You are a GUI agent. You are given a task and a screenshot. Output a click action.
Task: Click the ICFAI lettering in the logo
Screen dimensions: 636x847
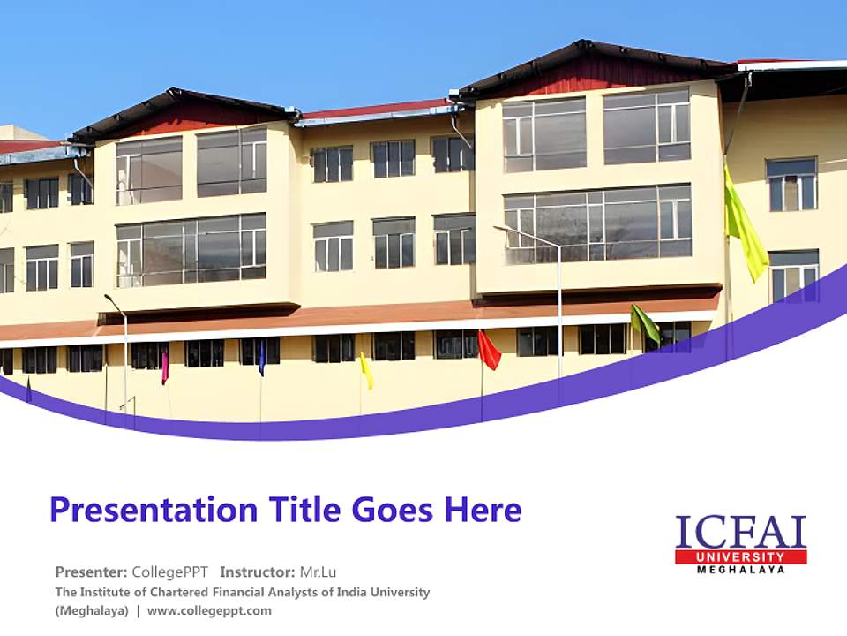(x=740, y=533)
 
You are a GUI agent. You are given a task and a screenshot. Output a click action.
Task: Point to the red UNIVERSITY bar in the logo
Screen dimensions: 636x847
(x=740, y=557)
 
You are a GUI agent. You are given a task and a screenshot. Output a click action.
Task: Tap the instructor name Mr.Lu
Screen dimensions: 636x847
(x=318, y=572)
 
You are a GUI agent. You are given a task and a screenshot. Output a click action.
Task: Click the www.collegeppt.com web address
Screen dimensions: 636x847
(x=209, y=610)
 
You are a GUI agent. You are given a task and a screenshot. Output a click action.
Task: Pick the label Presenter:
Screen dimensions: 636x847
(x=91, y=572)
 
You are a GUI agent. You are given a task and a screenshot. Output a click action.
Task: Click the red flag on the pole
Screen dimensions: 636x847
(x=489, y=351)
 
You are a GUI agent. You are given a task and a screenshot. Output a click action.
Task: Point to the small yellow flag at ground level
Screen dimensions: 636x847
(x=366, y=372)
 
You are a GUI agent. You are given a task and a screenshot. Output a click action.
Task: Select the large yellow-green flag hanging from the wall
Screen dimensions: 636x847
(x=745, y=228)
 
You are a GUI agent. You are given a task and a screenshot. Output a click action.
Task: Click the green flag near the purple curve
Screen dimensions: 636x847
(x=645, y=323)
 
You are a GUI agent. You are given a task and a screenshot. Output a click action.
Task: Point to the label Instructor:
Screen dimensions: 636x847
(x=257, y=572)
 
